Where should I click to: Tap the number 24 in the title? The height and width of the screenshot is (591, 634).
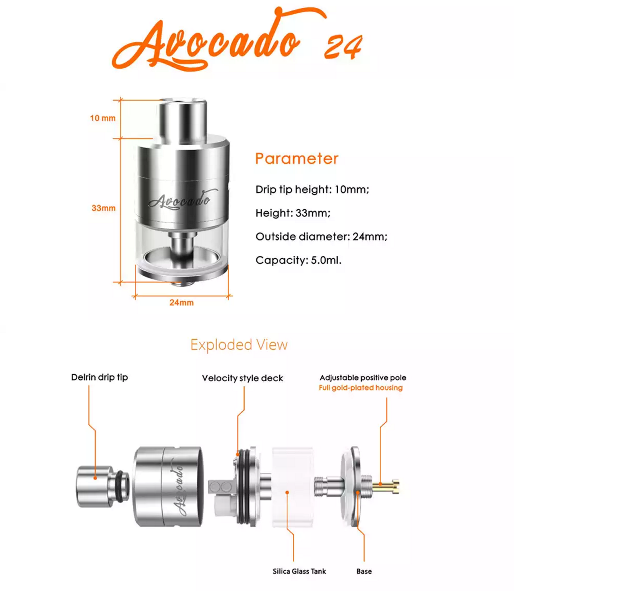point(344,47)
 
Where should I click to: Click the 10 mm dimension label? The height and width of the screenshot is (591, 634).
point(103,118)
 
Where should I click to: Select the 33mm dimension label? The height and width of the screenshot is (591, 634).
point(103,208)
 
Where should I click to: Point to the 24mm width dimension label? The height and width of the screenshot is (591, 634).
point(181,302)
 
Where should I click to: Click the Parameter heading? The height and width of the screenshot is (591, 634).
point(297,159)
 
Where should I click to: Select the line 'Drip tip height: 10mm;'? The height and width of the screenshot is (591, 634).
point(312,190)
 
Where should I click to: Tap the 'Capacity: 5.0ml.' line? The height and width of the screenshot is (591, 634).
point(298,260)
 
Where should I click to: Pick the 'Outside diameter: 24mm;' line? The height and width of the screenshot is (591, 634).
point(321,236)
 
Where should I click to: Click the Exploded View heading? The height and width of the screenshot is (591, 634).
point(239,345)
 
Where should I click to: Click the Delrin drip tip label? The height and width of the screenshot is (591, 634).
point(99,377)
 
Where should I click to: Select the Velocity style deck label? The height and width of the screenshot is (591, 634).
point(242,378)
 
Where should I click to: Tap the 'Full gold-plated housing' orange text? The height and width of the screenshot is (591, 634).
point(361,388)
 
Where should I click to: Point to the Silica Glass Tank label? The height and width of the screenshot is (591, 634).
point(299,571)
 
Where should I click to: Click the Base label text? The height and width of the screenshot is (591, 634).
point(364,571)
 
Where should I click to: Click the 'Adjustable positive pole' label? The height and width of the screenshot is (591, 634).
point(363,378)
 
